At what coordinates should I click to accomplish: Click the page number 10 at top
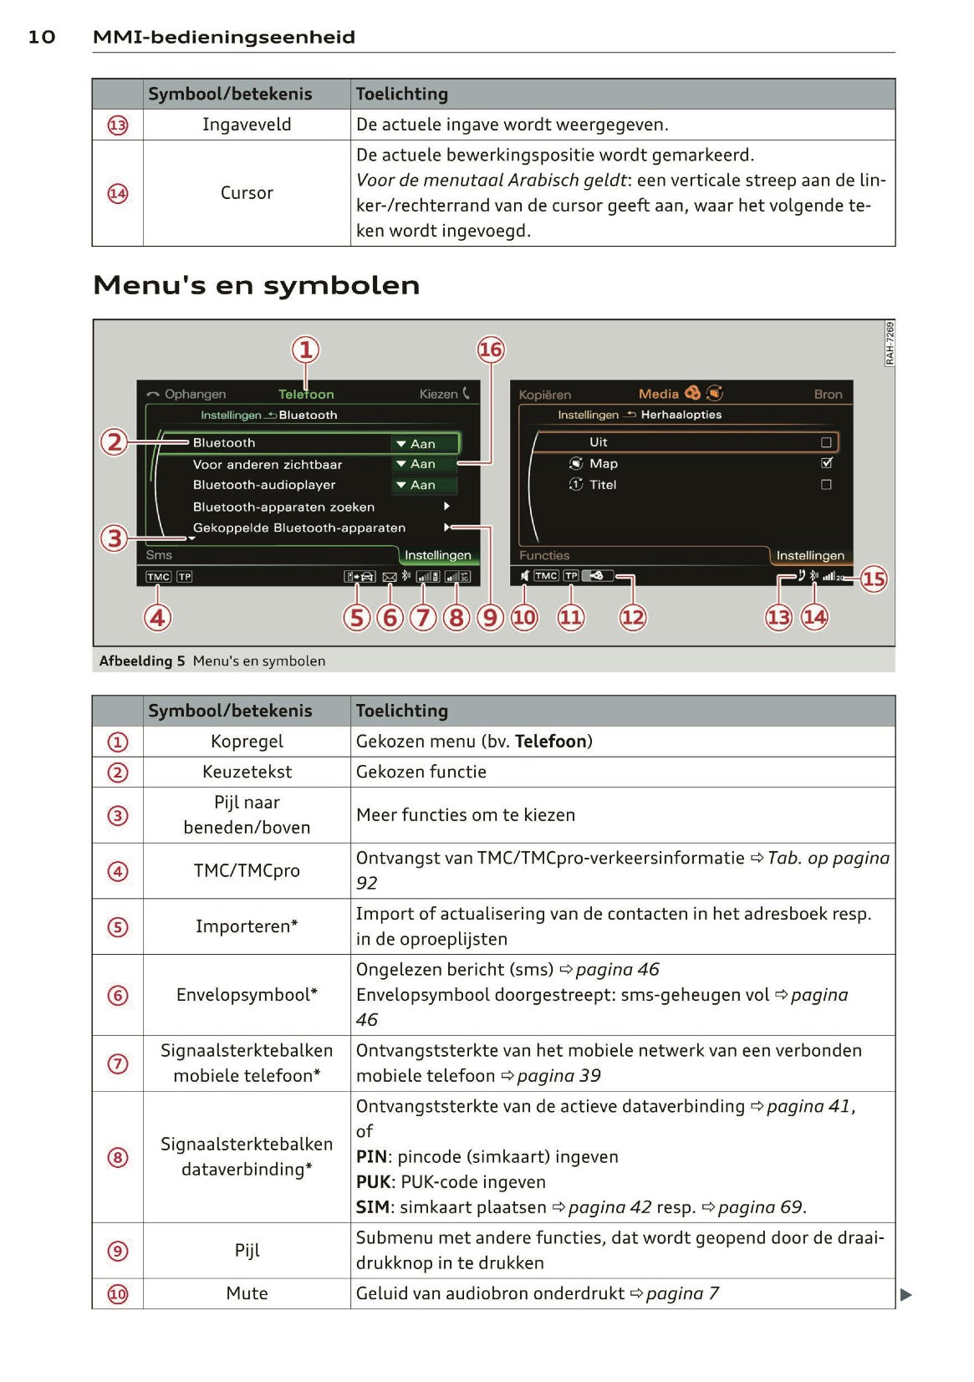[x=42, y=37]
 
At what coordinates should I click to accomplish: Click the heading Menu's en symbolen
[x=256, y=285]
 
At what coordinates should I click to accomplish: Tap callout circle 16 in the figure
[x=491, y=349]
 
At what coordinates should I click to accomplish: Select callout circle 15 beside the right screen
[x=874, y=579]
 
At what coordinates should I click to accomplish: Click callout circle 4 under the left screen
[x=158, y=618]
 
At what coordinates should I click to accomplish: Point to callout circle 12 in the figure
[x=632, y=618]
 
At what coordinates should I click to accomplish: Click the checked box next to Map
[x=827, y=462]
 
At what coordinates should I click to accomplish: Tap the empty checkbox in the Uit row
[x=827, y=441]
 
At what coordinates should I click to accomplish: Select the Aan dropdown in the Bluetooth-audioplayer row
[x=424, y=485]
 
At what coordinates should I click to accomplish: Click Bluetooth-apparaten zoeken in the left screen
[x=283, y=507]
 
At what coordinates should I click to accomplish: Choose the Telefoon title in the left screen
[x=306, y=394]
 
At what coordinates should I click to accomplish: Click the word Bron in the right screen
[x=828, y=394]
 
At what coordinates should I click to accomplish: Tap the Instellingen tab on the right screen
[x=809, y=555]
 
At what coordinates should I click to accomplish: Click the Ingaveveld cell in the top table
[x=247, y=125]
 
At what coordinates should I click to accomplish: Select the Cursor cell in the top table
[x=247, y=193]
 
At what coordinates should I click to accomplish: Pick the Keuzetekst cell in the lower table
[x=247, y=772]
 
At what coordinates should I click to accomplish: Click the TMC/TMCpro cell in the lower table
[x=247, y=870]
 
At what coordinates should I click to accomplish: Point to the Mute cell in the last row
[x=247, y=1293]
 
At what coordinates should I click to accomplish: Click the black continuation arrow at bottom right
[x=905, y=1295]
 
